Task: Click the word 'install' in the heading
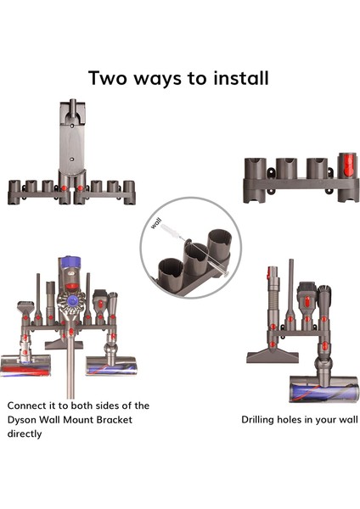tap(241, 78)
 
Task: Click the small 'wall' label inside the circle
tap(156, 223)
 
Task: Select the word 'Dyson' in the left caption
tap(22, 421)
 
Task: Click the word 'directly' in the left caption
tap(25, 433)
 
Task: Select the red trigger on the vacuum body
tap(71, 287)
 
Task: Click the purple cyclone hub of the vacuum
tap(71, 300)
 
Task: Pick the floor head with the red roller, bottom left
tap(25, 365)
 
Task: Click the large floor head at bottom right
tap(324, 389)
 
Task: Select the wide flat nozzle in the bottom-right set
tap(273, 355)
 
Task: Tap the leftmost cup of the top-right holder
tap(255, 180)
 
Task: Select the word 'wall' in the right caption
tap(349, 419)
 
